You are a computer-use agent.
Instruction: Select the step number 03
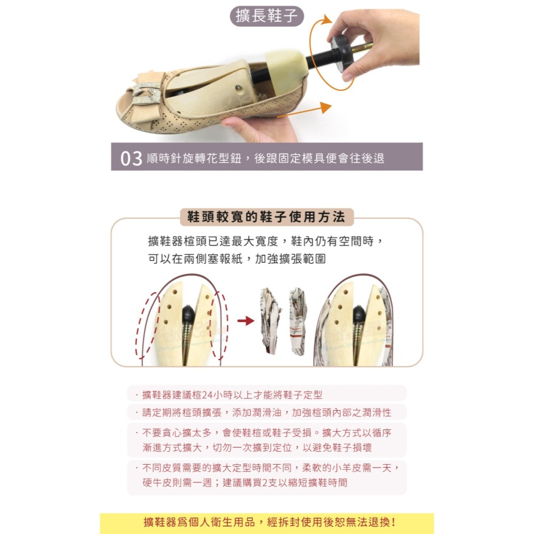(x=131, y=159)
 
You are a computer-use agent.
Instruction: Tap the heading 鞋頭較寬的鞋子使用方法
(x=266, y=217)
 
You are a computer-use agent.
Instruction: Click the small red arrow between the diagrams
(x=245, y=320)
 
